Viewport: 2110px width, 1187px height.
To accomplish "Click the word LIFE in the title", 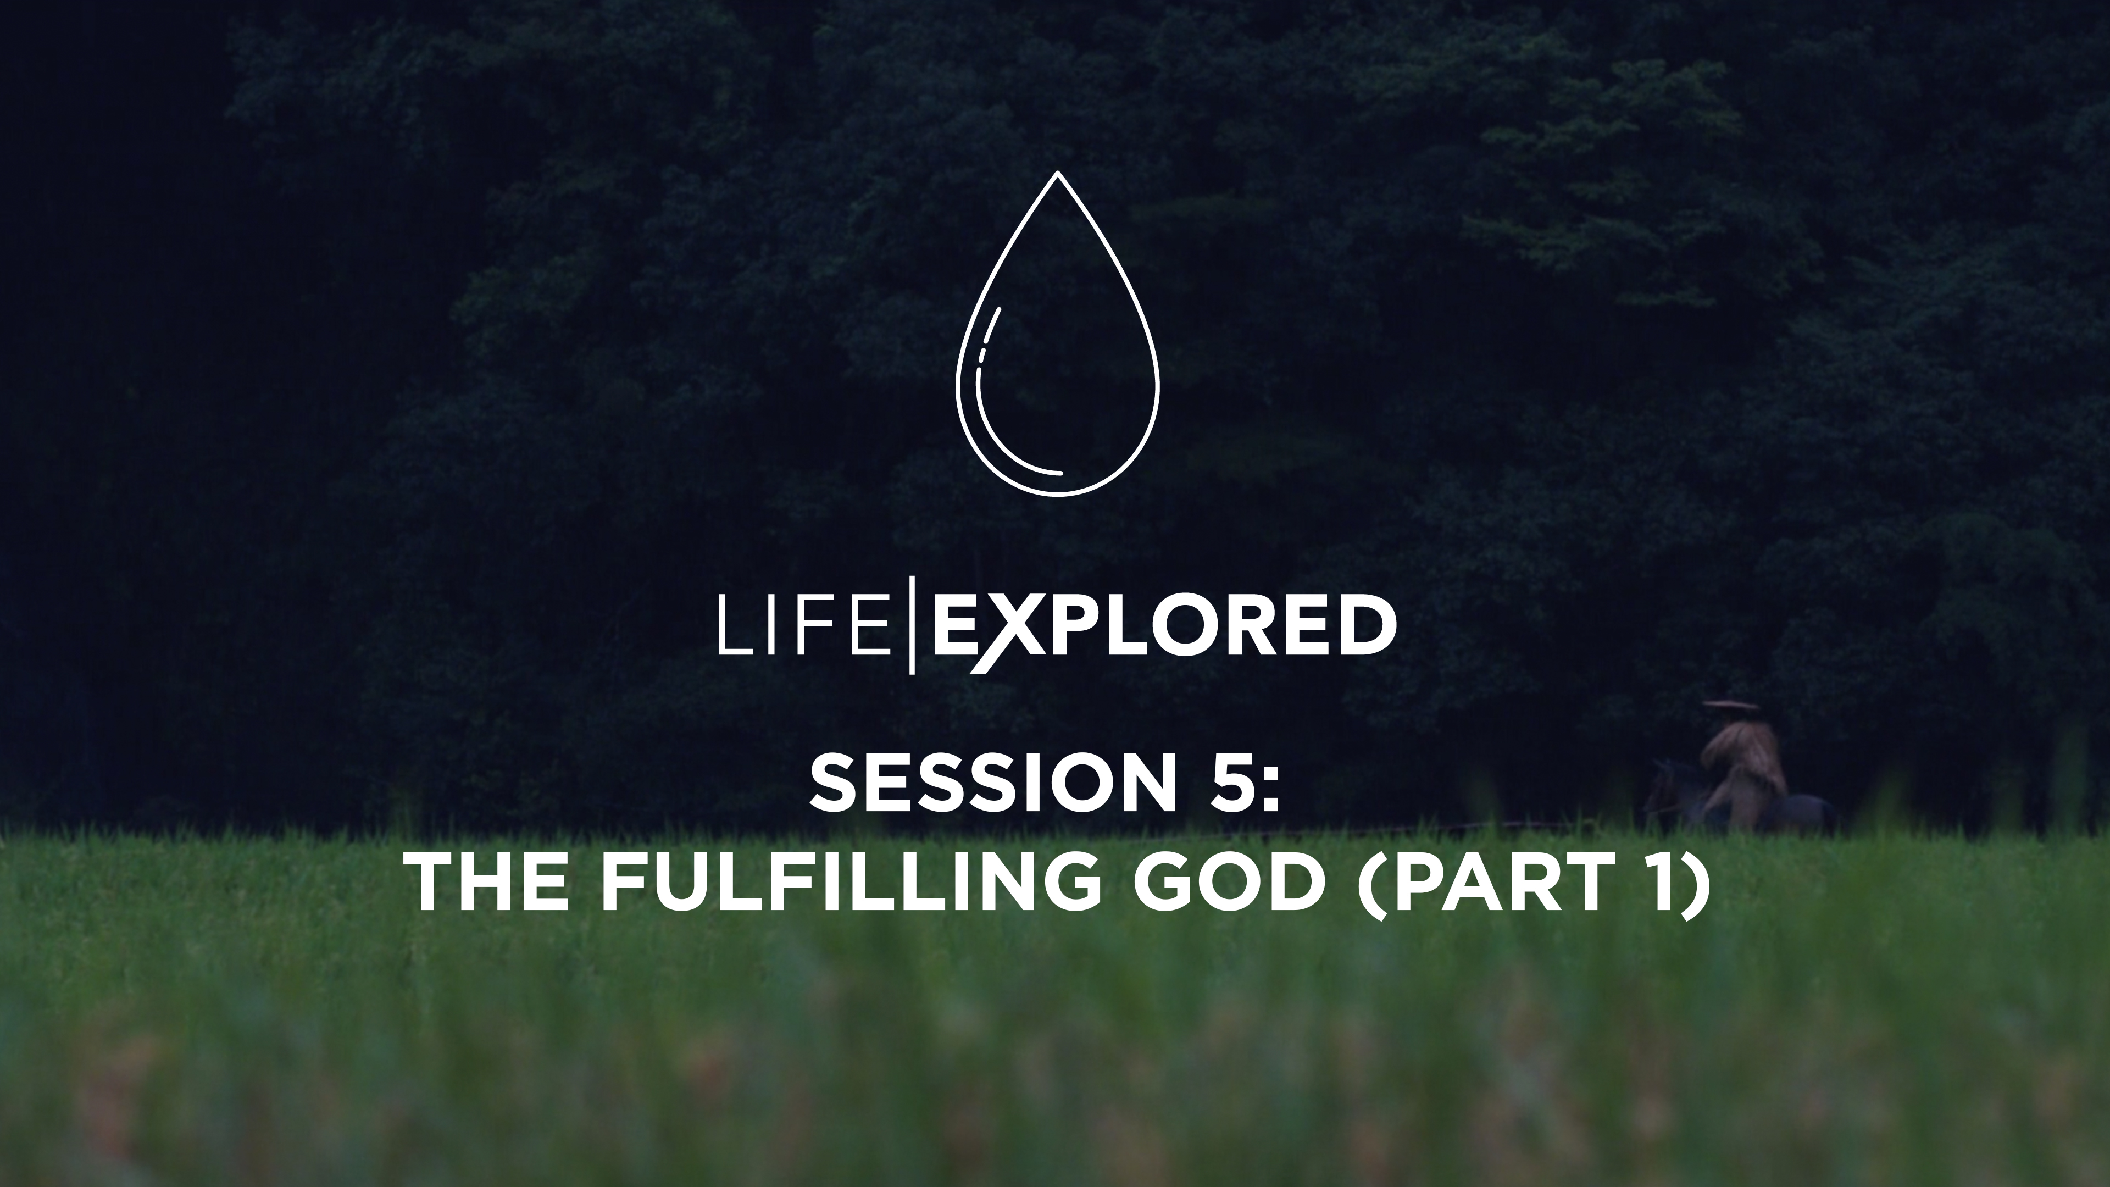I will pyautogui.click(x=803, y=626).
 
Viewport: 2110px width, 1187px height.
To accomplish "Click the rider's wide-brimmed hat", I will pyautogui.click(x=1729, y=705).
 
